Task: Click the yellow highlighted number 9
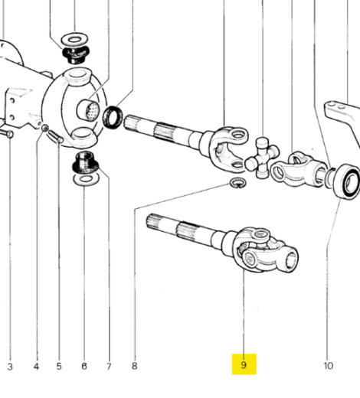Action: point(244,365)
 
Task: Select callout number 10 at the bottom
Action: point(328,366)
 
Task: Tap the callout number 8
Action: point(134,366)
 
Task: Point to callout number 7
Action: point(109,366)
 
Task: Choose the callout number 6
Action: point(83,366)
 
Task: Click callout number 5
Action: point(59,366)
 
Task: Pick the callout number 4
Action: point(35,366)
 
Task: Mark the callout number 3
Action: point(10,366)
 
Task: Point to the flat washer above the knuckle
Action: point(74,38)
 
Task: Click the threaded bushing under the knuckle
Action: point(83,162)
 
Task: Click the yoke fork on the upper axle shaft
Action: point(231,142)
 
